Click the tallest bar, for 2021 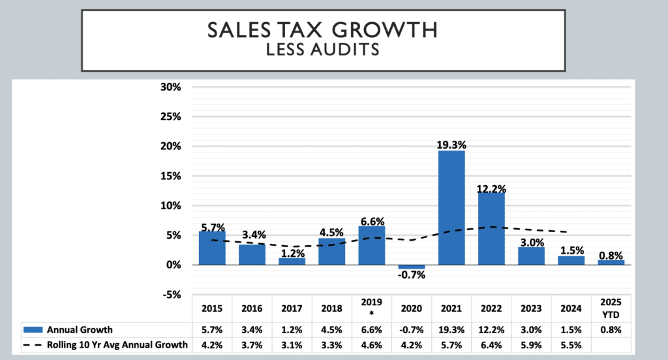[x=451, y=207]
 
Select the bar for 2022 [x=491, y=228]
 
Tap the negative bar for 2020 [x=412, y=267]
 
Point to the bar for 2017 [x=292, y=261]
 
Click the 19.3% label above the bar [x=451, y=143]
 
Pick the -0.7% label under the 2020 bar [x=412, y=275]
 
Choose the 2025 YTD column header [x=611, y=307]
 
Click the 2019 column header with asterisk [x=371, y=307]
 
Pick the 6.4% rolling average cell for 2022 [x=491, y=345]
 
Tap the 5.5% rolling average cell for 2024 [x=571, y=345]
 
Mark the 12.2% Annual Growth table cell [x=491, y=329]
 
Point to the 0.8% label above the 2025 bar [x=611, y=256]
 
